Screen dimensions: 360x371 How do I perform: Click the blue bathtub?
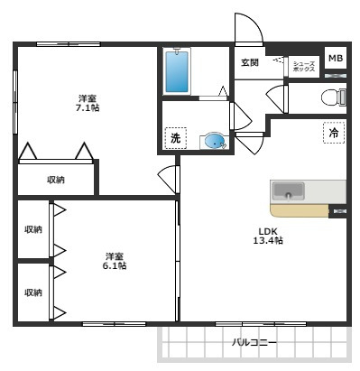[177, 71]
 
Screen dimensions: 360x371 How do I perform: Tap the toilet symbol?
[334, 97]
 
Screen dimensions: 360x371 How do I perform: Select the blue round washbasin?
[215, 140]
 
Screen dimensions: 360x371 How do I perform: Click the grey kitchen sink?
[288, 191]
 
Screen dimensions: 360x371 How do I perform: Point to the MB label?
[336, 58]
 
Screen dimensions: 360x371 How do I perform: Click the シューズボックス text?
[304, 67]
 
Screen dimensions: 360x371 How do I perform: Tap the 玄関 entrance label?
[250, 62]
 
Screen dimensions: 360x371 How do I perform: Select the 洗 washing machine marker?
[176, 138]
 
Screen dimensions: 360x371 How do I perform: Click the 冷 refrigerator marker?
[334, 133]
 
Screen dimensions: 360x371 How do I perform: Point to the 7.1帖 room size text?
[88, 107]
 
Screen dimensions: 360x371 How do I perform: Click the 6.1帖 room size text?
[115, 266]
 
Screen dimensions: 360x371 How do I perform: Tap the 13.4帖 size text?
[268, 241]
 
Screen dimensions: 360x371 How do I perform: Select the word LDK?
[268, 231]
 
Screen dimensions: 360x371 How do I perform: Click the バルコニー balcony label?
[254, 343]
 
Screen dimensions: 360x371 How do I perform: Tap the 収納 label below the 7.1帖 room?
[56, 180]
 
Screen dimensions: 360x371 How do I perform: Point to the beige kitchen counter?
[300, 210]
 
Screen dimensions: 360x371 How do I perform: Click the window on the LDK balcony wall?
[261, 324]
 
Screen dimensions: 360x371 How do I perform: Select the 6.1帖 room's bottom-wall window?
[115, 324]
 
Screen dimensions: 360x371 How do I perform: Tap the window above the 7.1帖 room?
[69, 44]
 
